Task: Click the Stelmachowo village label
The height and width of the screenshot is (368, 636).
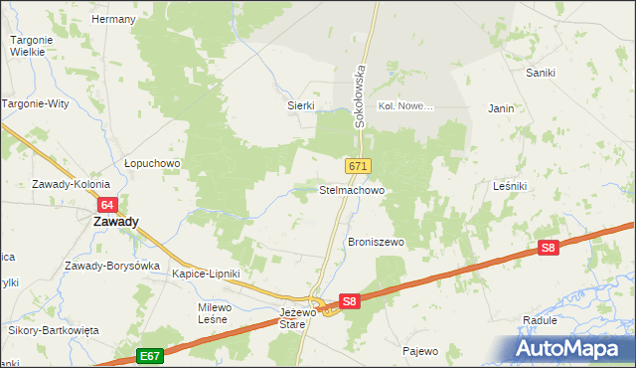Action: (351, 189)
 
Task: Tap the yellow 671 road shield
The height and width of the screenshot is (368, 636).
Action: (359, 166)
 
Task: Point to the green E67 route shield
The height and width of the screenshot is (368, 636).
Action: (150, 355)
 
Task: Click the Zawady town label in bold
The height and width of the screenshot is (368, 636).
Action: (115, 223)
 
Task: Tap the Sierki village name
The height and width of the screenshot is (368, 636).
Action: (301, 105)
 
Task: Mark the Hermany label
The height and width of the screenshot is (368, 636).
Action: (112, 19)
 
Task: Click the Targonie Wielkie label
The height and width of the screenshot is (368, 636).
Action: (31, 47)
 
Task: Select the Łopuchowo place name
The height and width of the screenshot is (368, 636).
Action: (151, 163)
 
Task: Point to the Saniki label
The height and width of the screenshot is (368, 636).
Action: (540, 73)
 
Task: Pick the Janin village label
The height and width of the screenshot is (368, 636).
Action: (501, 108)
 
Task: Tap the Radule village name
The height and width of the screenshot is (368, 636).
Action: (539, 320)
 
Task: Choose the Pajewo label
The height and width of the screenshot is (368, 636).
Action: (420, 350)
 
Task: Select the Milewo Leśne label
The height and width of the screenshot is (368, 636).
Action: (214, 313)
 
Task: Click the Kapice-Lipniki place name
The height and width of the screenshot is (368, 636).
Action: (206, 273)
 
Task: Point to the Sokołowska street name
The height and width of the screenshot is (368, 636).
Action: (362, 97)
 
